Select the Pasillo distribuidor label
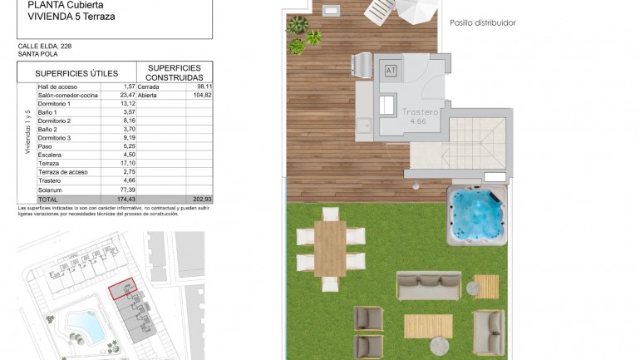[x=483, y=23]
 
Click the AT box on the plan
[x=391, y=71]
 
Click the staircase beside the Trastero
[x=477, y=142]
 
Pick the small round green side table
[x=474, y=288]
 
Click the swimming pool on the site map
[x=79, y=323]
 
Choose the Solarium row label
[x=50, y=190]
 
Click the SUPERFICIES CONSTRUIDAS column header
[x=174, y=72]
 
